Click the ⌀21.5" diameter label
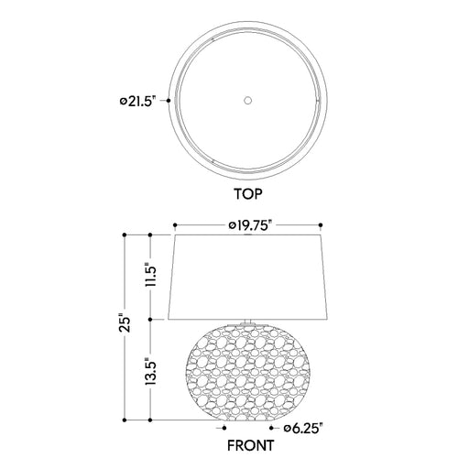point(137,101)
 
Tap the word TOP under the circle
point(248,194)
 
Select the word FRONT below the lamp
point(250,445)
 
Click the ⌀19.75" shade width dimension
point(250,225)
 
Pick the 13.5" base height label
point(151,371)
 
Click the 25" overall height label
point(125,322)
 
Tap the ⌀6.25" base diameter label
point(303,429)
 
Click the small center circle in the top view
point(248,100)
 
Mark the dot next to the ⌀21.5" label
point(169,101)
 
